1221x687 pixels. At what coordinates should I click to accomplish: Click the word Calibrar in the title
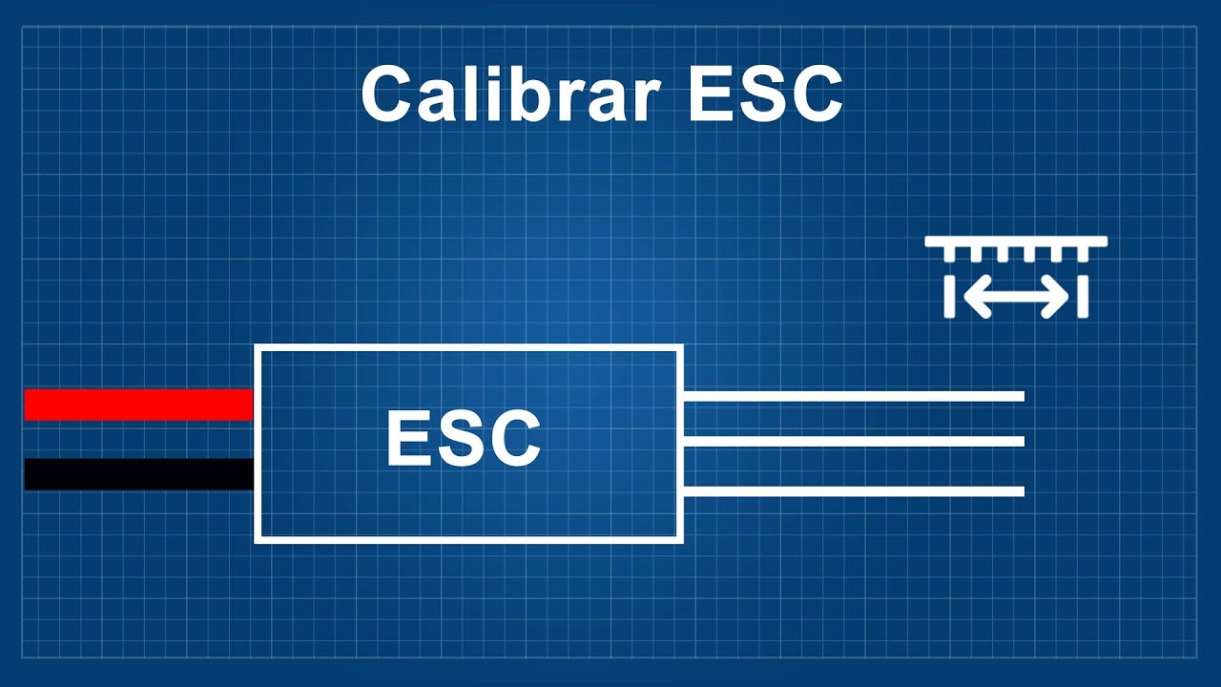[508, 94]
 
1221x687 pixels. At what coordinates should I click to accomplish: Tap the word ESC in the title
[765, 94]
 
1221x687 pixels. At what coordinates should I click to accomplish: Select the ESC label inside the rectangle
[464, 439]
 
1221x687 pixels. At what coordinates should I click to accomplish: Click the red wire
[139, 405]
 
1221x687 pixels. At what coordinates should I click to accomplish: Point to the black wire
[139, 474]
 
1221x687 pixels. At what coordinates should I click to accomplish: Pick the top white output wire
[854, 396]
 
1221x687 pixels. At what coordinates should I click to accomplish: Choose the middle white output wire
[854, 441]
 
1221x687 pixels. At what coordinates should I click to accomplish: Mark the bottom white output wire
[854, 491]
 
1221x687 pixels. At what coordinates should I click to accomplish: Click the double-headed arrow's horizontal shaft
[1016, 297]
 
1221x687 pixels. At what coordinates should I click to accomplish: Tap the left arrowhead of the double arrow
[976, 297]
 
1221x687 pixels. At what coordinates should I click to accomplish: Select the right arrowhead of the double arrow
[1056, 297]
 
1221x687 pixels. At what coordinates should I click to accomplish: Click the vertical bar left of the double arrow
[949, 297]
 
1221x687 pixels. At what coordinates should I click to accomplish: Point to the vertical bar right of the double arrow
[1083, 297]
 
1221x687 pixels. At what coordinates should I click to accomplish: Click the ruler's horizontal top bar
[1016, 241]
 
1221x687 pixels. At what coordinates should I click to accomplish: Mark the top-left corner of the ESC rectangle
[258, 347]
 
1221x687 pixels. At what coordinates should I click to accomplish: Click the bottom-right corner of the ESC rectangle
[680, 540]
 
